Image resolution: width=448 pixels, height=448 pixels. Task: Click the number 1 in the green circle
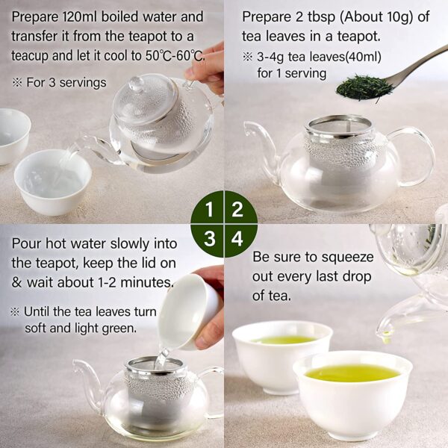tap(209, 209)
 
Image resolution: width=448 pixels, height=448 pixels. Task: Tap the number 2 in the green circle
tap(237, 209)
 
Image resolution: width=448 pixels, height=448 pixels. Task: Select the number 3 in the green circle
tap(210, 239)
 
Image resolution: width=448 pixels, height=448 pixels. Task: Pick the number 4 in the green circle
tap(237, 239)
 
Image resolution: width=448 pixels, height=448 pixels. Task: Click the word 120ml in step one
tap(79, 16)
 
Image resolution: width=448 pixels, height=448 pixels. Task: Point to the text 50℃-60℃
tap(175, 55)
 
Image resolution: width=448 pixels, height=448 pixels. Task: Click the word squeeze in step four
tap(347, 257)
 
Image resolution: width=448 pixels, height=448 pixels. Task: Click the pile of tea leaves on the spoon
tap(364, 87)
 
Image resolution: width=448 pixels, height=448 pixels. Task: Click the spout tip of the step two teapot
tap(247, 128)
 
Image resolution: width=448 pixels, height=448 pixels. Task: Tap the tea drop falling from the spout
tap(386, 337)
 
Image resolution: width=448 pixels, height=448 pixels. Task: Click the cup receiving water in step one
tap(53, 182)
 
